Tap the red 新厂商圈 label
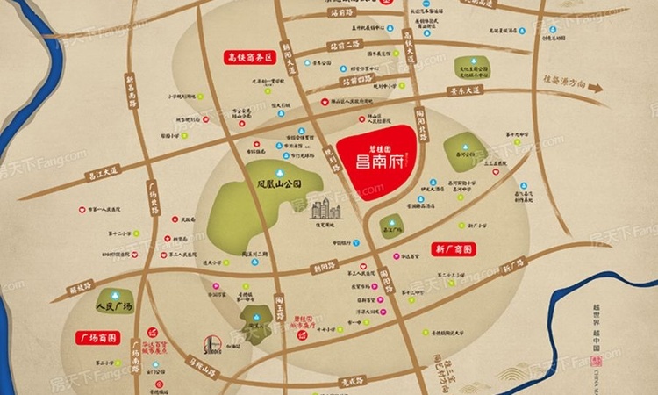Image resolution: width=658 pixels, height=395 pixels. pos(454,249)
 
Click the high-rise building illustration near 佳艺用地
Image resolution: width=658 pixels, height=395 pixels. pos(323,209)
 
